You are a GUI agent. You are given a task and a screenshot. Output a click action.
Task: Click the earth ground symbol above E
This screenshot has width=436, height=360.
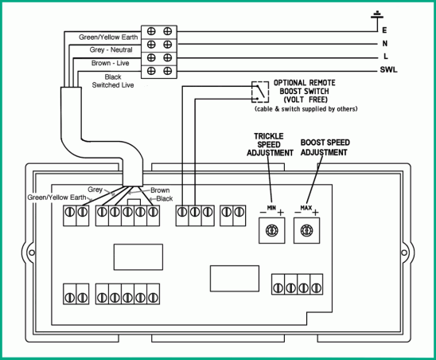pos(377,16)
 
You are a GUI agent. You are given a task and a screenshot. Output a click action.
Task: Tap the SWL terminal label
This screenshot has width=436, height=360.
pos(388,69)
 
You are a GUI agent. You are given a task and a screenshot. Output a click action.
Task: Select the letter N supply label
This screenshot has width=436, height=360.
pos(385,44)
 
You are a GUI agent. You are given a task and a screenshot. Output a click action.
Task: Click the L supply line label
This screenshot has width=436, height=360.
pos(385,57)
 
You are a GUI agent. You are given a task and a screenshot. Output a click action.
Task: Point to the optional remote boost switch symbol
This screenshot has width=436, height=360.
pos(260,92)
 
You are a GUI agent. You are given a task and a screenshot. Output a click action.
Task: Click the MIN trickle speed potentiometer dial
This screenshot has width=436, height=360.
pos(271,230)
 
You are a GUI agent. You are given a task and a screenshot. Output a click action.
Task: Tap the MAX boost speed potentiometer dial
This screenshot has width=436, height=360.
pos(306,230)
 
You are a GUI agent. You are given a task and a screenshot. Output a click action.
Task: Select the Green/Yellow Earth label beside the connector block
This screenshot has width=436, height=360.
pos(108,37)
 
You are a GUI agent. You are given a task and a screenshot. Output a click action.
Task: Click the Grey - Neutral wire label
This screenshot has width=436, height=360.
pos(111,50)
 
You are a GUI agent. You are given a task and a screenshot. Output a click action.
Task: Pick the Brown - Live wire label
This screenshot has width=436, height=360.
pos(110,63)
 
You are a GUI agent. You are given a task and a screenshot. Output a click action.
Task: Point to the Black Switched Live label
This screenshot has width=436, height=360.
pos(113,81)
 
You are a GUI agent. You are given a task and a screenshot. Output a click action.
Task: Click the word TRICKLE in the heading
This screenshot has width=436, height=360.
pos(269,136)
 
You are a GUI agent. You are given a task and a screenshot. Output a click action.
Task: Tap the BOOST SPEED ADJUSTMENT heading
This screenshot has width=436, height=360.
pos(325,147)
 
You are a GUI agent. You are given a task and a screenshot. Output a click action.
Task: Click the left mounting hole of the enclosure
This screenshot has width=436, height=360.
pos(32,252)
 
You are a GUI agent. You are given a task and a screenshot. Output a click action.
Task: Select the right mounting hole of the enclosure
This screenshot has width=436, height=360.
pos(404,252)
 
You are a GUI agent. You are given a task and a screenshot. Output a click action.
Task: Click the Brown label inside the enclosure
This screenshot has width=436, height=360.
pos(160,190)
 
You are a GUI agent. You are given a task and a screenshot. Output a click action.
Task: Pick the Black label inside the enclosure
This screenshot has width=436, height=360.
pos(165,198)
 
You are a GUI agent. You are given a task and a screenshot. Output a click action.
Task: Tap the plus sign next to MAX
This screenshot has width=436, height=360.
pos(315,213)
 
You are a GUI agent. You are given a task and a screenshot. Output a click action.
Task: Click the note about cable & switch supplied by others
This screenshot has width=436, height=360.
pos(306,109)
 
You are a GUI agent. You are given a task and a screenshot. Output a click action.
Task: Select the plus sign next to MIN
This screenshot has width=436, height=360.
pos(281,213)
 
